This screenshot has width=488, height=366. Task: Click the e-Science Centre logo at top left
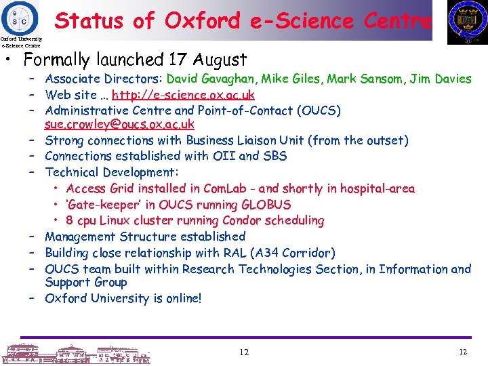[20, 18]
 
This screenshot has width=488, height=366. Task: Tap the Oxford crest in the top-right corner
[467, 22]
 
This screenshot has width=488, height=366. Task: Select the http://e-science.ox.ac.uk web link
[183, 95]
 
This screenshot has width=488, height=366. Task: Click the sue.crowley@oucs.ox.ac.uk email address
[119, 124]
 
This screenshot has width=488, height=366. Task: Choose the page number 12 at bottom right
[464, 352]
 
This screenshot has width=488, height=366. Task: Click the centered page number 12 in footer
[244, 352]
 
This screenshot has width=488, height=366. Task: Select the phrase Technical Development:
[112, 173]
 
